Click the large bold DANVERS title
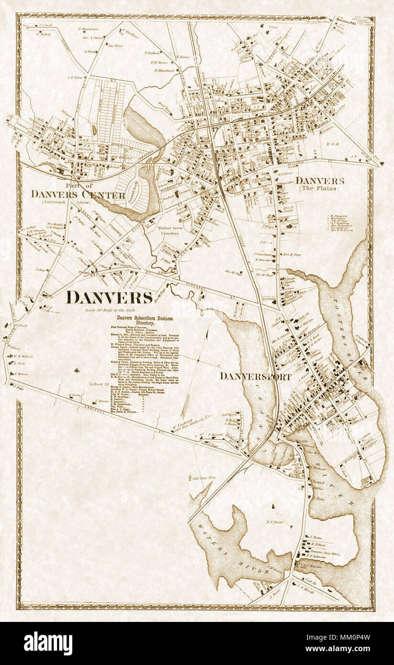(109, 298)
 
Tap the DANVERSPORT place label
(256, 377)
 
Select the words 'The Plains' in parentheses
(319, 189)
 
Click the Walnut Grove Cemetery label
(172, 232)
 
